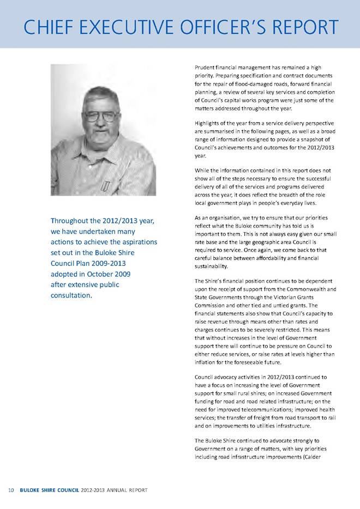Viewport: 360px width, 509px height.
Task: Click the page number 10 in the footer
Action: tap(11, 492)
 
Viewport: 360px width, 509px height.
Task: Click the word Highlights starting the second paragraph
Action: tap(210, 123)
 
